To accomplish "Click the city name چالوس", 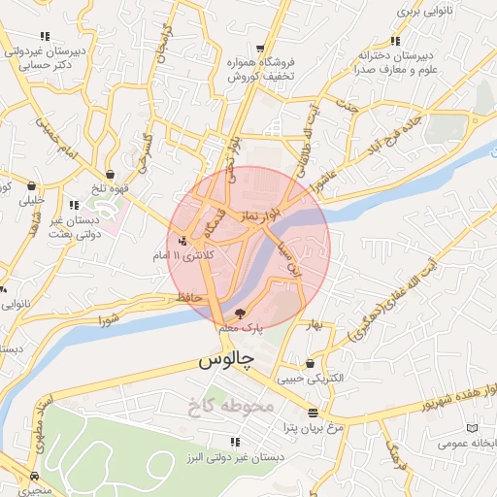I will pyautogui.click(x=225, y=360).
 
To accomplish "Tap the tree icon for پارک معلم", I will pyautogui.click(x=241, y=313).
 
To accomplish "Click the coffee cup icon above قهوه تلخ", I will pyautogui.click(x=113, y=175).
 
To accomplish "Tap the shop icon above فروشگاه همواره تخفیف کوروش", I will pyautogui.click(x=260, y=48).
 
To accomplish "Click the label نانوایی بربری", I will pyautogui.click(x=420, y=11).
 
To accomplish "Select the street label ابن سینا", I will pyautogui.click(x=288, y=258).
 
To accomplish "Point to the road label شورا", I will pyautogui.click(x=109, y=316).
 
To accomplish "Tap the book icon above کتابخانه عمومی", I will pyautogui.click(x=472, y=428).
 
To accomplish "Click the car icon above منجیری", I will pyautogui.click(x=36, y=477).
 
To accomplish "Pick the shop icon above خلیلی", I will pyautogui.click(x=32, y=185).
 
